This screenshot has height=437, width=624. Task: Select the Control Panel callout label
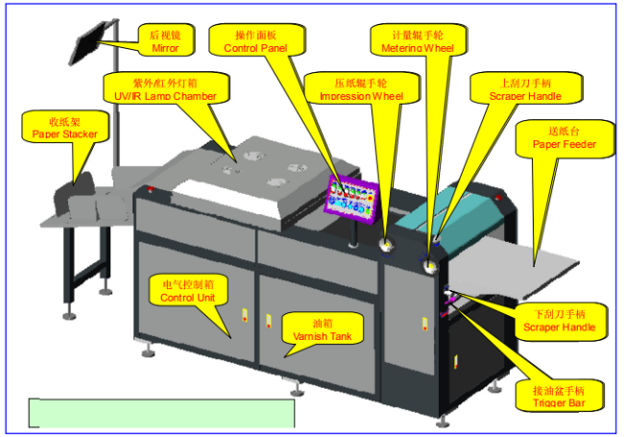click(x=249, y=39)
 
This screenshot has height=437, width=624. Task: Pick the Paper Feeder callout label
click(x=564, y=138)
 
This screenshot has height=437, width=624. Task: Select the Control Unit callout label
click(x=187, y=290)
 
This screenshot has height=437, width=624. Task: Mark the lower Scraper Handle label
click(x=560, y=321)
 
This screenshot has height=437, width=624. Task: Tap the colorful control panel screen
click(x=352, y=195)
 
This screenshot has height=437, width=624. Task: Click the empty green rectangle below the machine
click(x=161, y=412)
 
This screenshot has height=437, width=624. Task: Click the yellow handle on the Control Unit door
click(x=244, y=317)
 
